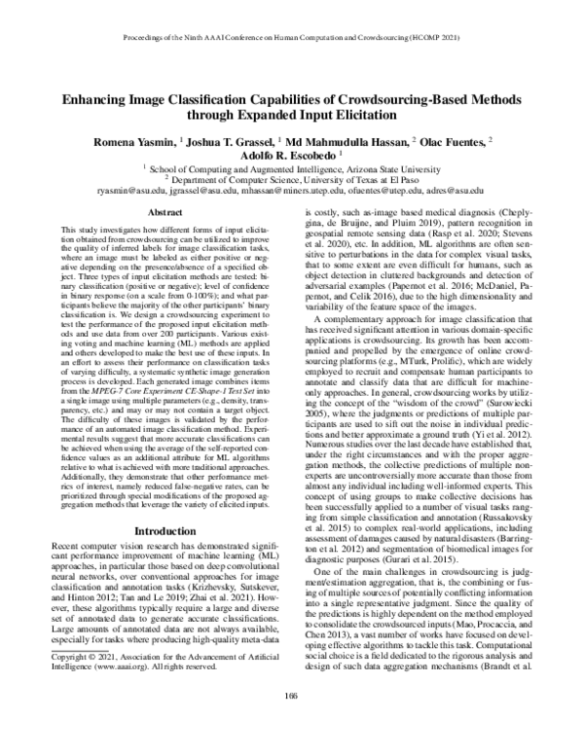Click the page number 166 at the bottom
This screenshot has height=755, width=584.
click(x=292, y=719)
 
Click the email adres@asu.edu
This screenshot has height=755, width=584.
click(x=456, y=191)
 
